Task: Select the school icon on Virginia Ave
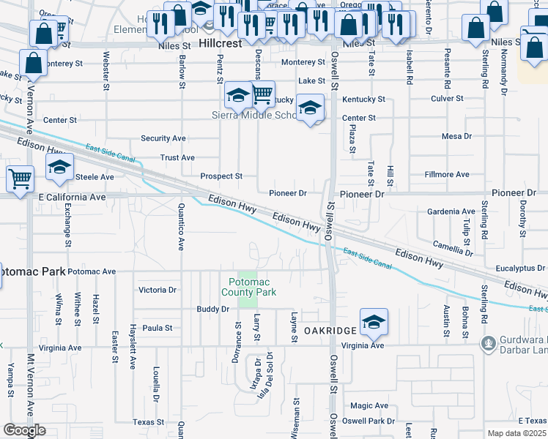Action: click(x=374, y=321)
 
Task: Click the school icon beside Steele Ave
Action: click(x=59, y=167)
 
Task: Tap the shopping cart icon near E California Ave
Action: click(x=21, y=178)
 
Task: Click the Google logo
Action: click(x=23, y=430)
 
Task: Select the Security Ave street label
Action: click(x=163, y=138)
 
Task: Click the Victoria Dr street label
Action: click(x=158, y=290)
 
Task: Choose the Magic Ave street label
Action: click(x=369, y=405)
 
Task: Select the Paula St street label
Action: click(x=157, y=329)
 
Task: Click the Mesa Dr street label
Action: click(x=456, y=136)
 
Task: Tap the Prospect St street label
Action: click(x=221, y=176)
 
